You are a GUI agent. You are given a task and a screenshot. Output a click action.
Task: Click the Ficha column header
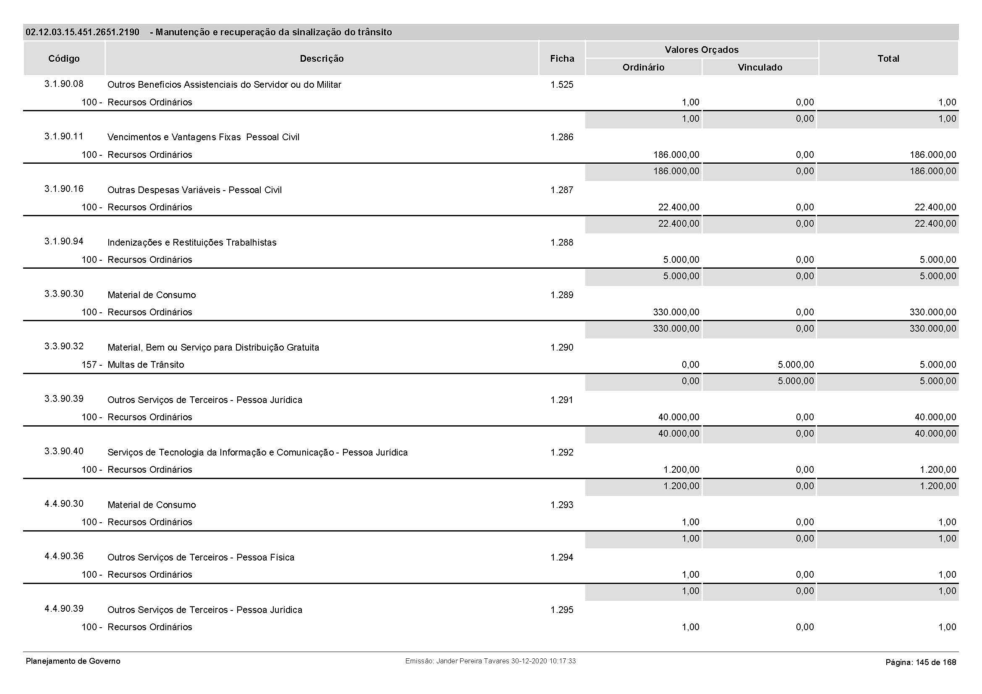coord(562,59)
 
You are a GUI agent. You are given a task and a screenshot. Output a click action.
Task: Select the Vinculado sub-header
coord(759,67)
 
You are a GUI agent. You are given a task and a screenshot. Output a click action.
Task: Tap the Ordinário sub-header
coord(643,67)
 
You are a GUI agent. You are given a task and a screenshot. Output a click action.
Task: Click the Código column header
coord(64,59)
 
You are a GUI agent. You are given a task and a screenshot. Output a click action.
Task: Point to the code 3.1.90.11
coord(64,136)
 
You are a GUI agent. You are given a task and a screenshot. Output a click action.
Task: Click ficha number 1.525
coord(562,85)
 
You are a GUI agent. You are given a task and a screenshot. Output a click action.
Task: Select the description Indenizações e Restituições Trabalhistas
coord(191,242)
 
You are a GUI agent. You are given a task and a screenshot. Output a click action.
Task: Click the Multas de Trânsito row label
coord(145,365)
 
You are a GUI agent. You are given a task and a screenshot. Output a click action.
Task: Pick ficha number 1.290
coord(562,347)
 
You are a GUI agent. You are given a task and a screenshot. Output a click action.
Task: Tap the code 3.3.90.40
coord(64,451)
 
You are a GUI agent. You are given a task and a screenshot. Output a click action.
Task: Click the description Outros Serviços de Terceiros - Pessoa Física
coord(201,557)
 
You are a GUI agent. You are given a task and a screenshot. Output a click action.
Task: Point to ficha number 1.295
coord(562,610)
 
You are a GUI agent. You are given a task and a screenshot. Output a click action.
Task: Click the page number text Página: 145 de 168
coord(920,663)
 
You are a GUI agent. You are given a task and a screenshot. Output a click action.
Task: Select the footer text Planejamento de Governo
coord(73,661)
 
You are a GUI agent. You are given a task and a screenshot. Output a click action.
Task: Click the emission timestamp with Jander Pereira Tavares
coord(490,661)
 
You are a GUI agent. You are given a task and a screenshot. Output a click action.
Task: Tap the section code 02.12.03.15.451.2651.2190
coord(82,32)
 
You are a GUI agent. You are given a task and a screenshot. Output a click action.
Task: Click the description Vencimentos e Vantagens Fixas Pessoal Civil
coord(203,137)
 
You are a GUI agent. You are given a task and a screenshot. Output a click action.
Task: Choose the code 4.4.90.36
coord(64,556)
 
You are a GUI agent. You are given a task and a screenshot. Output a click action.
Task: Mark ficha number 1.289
coord(562,295)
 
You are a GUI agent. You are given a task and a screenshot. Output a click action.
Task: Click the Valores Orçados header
coord(702,50)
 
